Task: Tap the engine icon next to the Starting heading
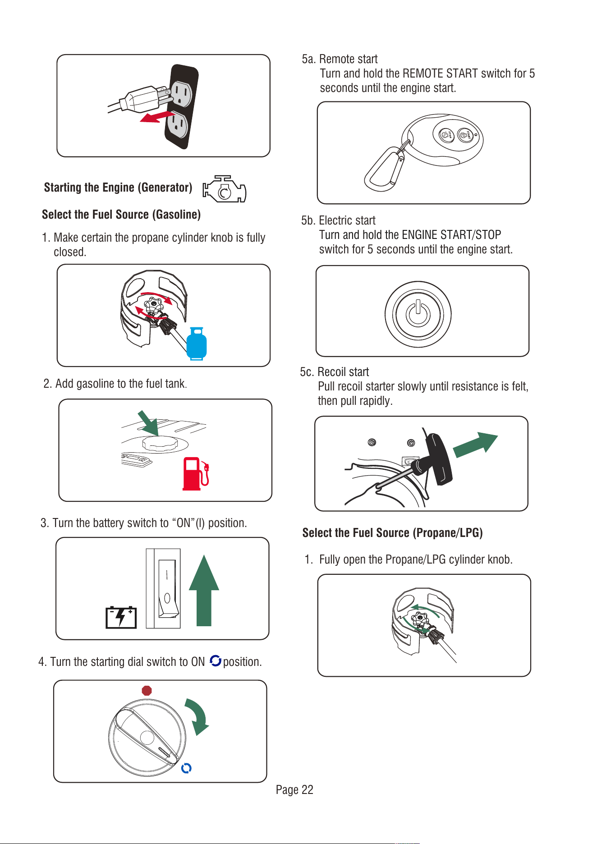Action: pos(225,189)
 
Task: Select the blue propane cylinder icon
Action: pos(197,344)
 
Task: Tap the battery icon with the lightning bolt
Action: pos(121,617)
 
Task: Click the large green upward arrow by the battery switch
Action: pos(204,590)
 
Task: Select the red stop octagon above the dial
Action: pos(147,691)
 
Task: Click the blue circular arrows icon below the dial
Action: pos(186,768)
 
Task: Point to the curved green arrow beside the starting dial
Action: pos(198,715)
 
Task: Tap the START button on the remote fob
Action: pos(465,135)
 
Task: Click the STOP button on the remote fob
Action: pos(446,135)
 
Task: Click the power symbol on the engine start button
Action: pos(418,314)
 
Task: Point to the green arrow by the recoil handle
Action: pos(475,445)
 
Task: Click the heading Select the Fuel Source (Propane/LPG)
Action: pos(392,533)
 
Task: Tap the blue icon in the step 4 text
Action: pos(216,661)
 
